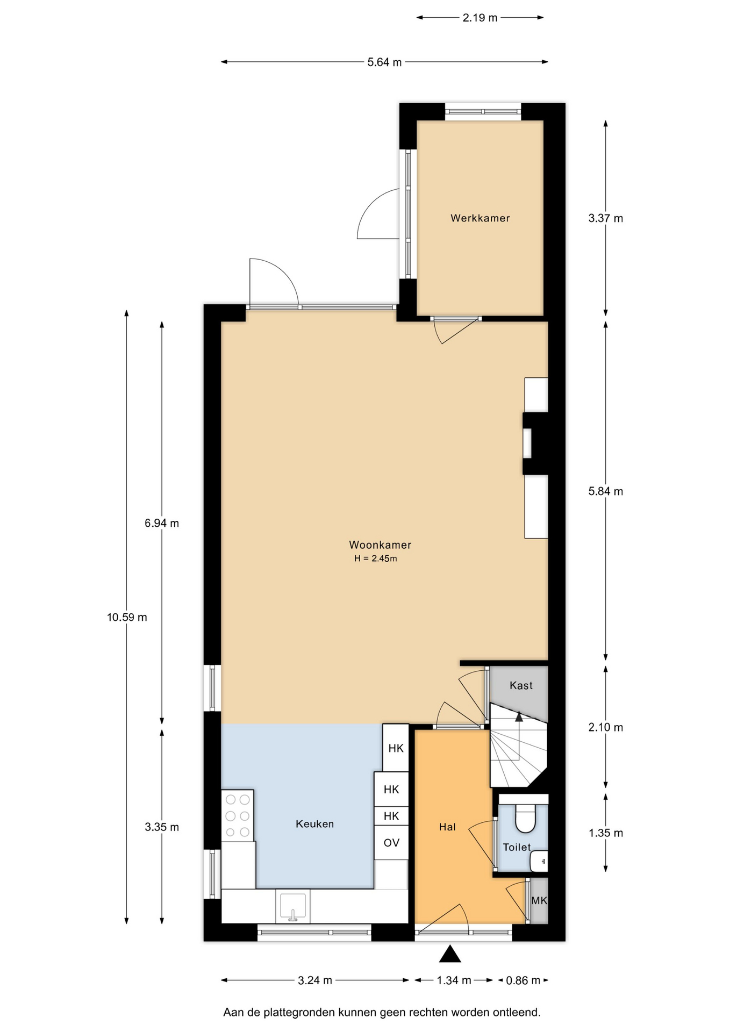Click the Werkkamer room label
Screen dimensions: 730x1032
pos(480,218)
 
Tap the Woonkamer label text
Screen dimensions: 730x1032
pos(380,545)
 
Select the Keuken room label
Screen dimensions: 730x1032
pos(314,824)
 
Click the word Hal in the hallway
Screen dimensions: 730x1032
pos(447,827)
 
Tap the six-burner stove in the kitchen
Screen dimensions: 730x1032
pos(237,815)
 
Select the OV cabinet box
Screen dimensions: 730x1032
pos(391,843)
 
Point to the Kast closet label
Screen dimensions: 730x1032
pos(521,686)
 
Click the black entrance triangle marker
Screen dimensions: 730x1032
pos(450,955)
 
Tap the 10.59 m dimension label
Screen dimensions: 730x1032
pos(127,618)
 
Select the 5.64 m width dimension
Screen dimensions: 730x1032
pos(384,62)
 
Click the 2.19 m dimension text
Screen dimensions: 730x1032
pos(480,18)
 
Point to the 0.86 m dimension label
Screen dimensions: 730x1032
pos(523,981)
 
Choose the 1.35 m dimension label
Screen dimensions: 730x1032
pos(606,834)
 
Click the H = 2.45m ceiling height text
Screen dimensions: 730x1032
pos(375,559)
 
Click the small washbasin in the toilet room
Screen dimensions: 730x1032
pos(539,862)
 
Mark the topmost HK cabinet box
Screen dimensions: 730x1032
pos(396,748)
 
